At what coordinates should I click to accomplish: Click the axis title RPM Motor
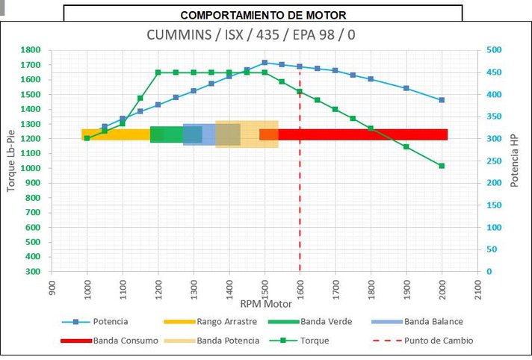click(x=265, y=304)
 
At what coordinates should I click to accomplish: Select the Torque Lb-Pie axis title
click(x=11, y=161)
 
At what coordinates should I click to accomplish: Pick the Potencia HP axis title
click(x=515, y=161)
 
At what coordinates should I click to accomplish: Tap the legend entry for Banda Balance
click(x=433, y=322)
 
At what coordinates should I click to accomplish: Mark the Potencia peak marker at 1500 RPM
click(x=265, y=63)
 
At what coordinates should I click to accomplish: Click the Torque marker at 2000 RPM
click(x=442, y=166)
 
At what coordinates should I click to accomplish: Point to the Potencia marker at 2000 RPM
click(x=442, y=100)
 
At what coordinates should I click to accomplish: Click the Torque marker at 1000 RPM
click(x=87, y=138)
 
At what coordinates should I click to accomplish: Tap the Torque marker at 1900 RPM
click(x=406, y=146)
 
